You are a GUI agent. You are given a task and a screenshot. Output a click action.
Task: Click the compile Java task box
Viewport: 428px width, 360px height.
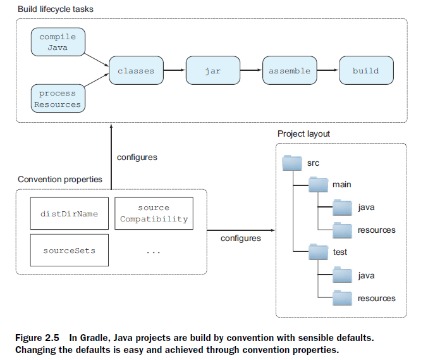58,42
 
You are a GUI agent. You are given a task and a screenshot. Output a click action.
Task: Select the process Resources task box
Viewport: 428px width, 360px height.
58,99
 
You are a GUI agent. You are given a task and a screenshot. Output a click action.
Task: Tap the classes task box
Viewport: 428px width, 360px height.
136,71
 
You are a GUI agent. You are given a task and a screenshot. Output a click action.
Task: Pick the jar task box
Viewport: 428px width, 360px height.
213,71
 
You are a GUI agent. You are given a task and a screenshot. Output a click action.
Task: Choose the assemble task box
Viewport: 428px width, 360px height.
290,71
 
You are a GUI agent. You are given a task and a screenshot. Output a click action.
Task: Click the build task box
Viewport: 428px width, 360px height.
366,71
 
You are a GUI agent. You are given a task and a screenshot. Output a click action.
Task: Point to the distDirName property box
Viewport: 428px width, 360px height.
70,214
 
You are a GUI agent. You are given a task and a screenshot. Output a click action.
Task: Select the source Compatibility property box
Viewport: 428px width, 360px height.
154,214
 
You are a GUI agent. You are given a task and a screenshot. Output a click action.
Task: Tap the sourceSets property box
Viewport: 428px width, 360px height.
70,251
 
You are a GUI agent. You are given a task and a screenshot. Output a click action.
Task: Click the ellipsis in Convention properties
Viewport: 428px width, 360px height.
154,251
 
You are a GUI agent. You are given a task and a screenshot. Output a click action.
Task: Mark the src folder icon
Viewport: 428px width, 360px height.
292,163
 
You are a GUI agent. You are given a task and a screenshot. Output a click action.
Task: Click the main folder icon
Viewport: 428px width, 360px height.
318,184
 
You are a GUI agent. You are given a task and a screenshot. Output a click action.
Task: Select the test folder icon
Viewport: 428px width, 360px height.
318,252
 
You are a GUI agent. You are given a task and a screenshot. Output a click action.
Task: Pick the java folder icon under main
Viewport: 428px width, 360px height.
343,207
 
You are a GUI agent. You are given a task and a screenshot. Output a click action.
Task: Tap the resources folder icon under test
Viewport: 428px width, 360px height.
343,297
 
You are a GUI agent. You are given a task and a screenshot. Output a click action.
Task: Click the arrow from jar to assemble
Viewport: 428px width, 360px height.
251,71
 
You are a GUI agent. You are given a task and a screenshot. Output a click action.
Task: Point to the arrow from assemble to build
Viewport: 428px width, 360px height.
327,71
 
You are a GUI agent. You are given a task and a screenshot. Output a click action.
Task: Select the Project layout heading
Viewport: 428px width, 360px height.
303,133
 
